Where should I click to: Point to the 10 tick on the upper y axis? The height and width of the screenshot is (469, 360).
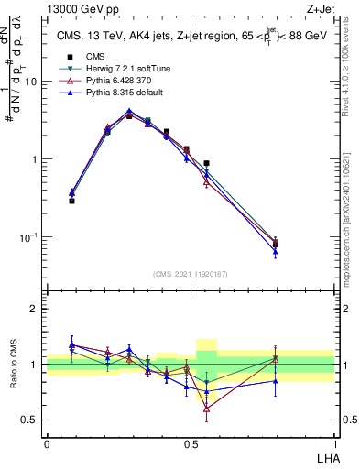point(32,82)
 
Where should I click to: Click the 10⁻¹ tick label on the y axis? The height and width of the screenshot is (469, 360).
point(29,237)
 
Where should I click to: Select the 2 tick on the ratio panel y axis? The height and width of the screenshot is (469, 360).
point(35,309)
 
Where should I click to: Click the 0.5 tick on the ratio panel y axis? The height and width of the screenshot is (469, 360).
point(31,420)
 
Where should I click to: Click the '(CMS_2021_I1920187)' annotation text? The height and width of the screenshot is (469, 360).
point(191,274)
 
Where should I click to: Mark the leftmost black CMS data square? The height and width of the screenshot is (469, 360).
point(71,201)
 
